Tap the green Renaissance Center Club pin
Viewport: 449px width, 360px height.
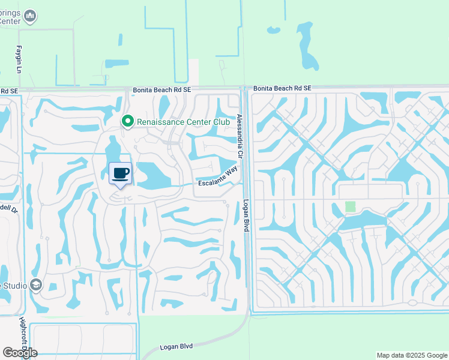point(127,122)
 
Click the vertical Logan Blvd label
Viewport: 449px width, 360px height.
point(246,216)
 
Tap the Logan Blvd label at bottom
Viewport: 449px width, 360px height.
point(176,347)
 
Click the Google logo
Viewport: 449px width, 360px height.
point(20,352)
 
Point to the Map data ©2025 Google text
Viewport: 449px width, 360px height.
point(411,355)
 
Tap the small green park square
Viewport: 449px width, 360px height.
point(350,206)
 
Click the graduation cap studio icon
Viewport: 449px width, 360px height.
point(36,285)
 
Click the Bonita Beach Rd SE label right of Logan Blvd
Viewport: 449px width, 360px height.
point(282,88)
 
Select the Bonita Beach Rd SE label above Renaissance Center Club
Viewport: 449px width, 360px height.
point(162,89)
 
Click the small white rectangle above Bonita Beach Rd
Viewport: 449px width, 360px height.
point(194,72)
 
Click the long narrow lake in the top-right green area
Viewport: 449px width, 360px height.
point(307,45)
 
